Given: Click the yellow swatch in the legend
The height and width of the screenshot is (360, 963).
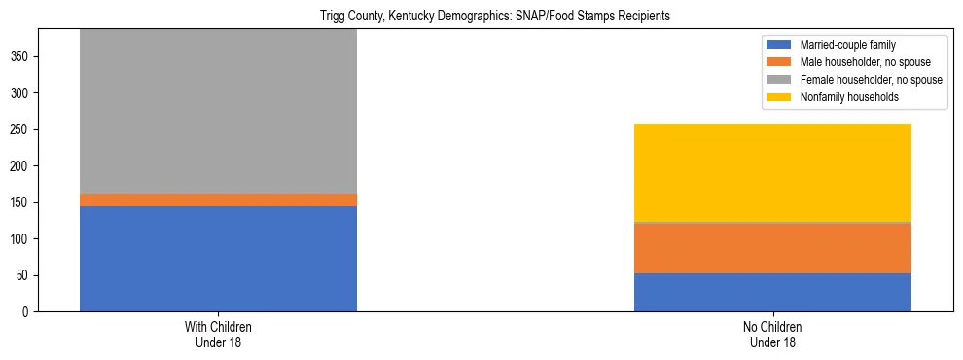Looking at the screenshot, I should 779,97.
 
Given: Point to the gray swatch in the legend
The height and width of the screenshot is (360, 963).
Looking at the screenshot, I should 779,80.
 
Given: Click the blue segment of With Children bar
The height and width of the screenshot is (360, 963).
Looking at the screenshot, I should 218,259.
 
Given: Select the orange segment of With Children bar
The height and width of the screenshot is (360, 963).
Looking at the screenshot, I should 218,199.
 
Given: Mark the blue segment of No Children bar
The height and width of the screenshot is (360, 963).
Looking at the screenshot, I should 772,292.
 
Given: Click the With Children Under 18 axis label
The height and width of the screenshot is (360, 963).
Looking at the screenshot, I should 218,335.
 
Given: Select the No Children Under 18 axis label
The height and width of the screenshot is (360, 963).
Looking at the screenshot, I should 772,335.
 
